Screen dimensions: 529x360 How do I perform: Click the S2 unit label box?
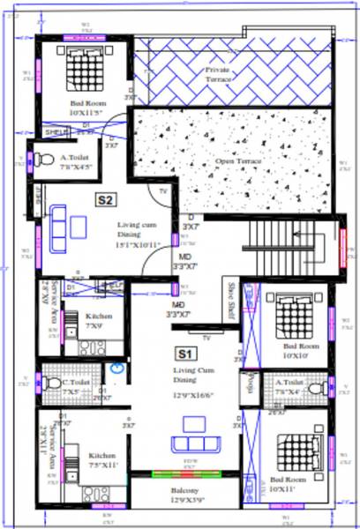pos(105,200)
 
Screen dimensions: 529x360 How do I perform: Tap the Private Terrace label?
pos(219,74)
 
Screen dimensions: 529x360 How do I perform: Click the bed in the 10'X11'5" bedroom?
pos(86,65)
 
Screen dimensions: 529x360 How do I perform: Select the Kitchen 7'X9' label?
pos(94,320)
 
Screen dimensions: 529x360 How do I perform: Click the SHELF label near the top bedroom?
pos(56,131)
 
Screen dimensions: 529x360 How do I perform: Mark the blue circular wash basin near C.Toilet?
pos(114,371)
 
